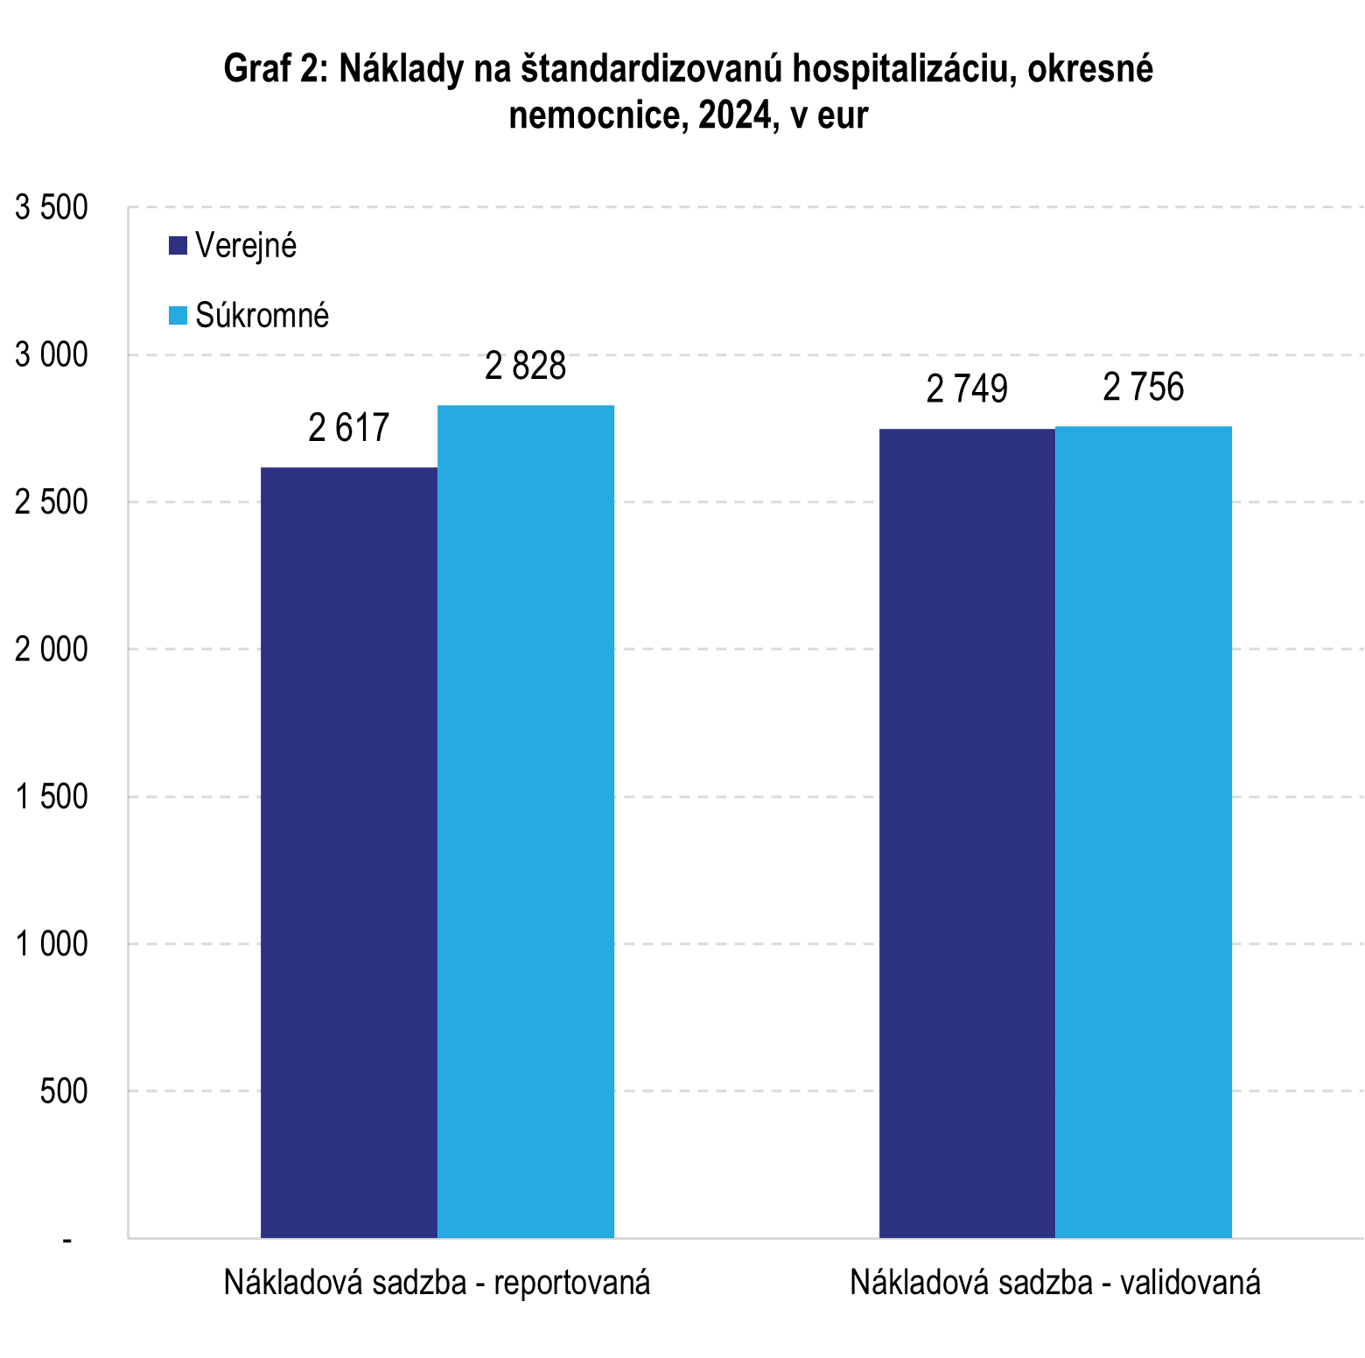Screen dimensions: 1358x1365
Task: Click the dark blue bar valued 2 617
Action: tap(349, 852)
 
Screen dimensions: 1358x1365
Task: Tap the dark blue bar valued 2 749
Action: tap(967, 833)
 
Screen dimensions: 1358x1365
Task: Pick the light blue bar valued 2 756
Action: tap(1144, 831)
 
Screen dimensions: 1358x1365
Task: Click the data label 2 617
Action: tap(349, 428)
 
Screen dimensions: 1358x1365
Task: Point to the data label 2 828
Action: tap(526, 366)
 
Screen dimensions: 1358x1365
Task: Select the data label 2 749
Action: tap(967, 389)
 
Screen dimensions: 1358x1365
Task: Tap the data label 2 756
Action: tap(1144, 388)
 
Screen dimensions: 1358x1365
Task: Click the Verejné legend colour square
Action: tap(178, 246)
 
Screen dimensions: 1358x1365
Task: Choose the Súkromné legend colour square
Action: tap(178, 315)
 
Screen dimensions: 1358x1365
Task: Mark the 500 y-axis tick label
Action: tap(64, 1092)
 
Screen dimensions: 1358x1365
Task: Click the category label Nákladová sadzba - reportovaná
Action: tap(437, 1283)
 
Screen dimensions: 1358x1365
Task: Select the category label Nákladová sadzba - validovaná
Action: tap(1055, 1283)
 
